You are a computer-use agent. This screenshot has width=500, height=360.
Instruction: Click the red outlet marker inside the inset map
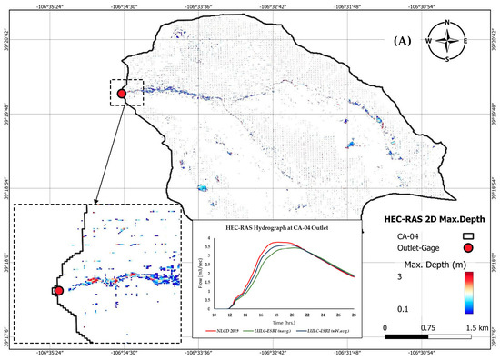(x=58, y=291)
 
